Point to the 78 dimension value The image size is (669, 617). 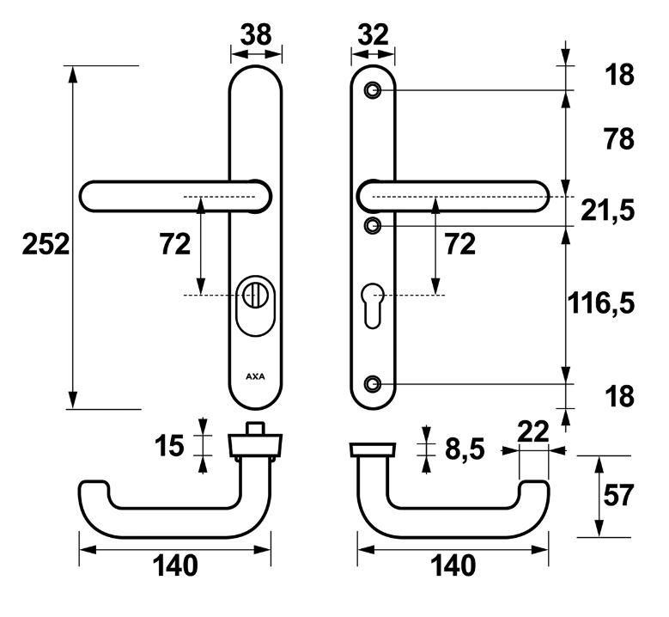tap(618, 138)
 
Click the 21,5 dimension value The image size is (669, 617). tap(611, 210)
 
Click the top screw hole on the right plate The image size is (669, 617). tap(373, 90)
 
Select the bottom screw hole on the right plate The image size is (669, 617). tap(373, 383)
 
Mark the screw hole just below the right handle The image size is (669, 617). tap(373, 225)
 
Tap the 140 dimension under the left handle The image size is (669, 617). tap(175, 565)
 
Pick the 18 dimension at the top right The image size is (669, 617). tap(618, 75)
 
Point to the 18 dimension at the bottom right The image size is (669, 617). tap(618, 396)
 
